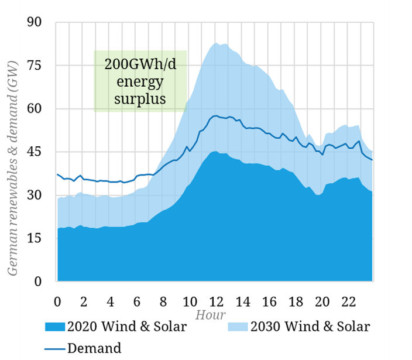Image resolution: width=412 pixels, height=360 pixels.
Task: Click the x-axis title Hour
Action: click(211, 315)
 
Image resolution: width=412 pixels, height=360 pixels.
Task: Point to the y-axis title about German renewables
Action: click(13, 152)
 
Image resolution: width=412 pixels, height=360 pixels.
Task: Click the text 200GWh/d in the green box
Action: click(140, 64)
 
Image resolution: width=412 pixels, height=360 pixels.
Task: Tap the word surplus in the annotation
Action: click(140, 100)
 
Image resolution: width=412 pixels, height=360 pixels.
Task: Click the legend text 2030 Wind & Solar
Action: click(310, 326)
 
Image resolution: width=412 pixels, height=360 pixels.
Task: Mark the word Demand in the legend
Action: click(95, 348)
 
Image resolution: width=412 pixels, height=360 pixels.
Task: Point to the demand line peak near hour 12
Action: click(215, 115)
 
